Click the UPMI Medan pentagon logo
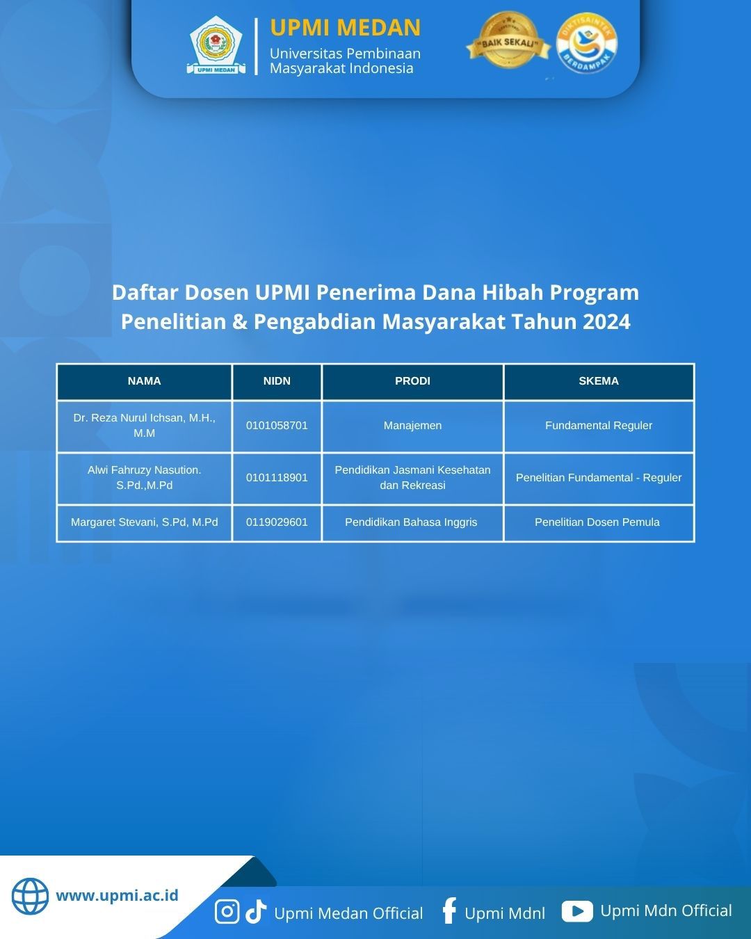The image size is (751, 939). pyautogui.click(x=216, y=46)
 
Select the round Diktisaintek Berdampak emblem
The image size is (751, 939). pyautogui.click(x=587, y=44)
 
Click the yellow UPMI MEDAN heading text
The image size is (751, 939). pyautogui.click(x=345, y=28)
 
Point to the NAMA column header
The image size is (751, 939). pyautogui.click(x=144, y=381)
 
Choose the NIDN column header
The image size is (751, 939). pyautogui.click(x=277, y=381)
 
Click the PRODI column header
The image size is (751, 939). pyautogui.click(x=412, y=381)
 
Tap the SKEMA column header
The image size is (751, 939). pyautogui.click(x=598, y=381)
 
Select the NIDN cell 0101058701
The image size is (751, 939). pyautogui.click(x=277, y=426)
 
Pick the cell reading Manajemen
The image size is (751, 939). pyautogui.click(x=412, y=426)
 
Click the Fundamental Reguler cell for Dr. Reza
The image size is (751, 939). pyautogui.click(x=598, y=426)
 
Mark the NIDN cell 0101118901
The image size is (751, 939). pyautogui.click(x=277, y=478)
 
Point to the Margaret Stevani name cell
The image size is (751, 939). pyautogui.click(x=144, y=522)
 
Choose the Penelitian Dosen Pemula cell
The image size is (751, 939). pyautogui.click(x=597, y=522)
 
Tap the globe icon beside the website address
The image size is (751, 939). pyautogui.click(x=30, y=896)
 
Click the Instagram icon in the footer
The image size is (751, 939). pyautogui.click(x=227, y=911)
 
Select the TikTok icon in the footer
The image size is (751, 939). pyautogui.click(x=256, y=911)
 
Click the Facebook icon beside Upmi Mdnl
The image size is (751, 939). pyautogui.click(x=449, y=910)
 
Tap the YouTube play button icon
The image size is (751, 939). pyautogui.click(x=577, y=911)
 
